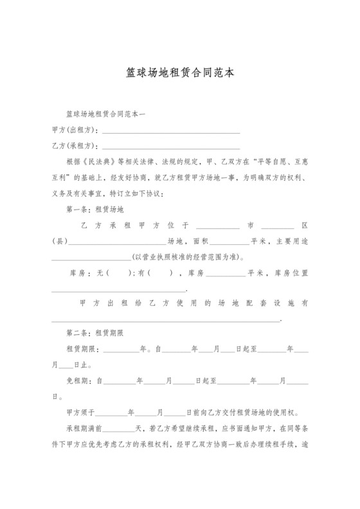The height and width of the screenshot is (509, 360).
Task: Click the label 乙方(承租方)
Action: click(75, 147)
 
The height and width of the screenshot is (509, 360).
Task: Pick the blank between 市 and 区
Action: click(278, 226)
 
